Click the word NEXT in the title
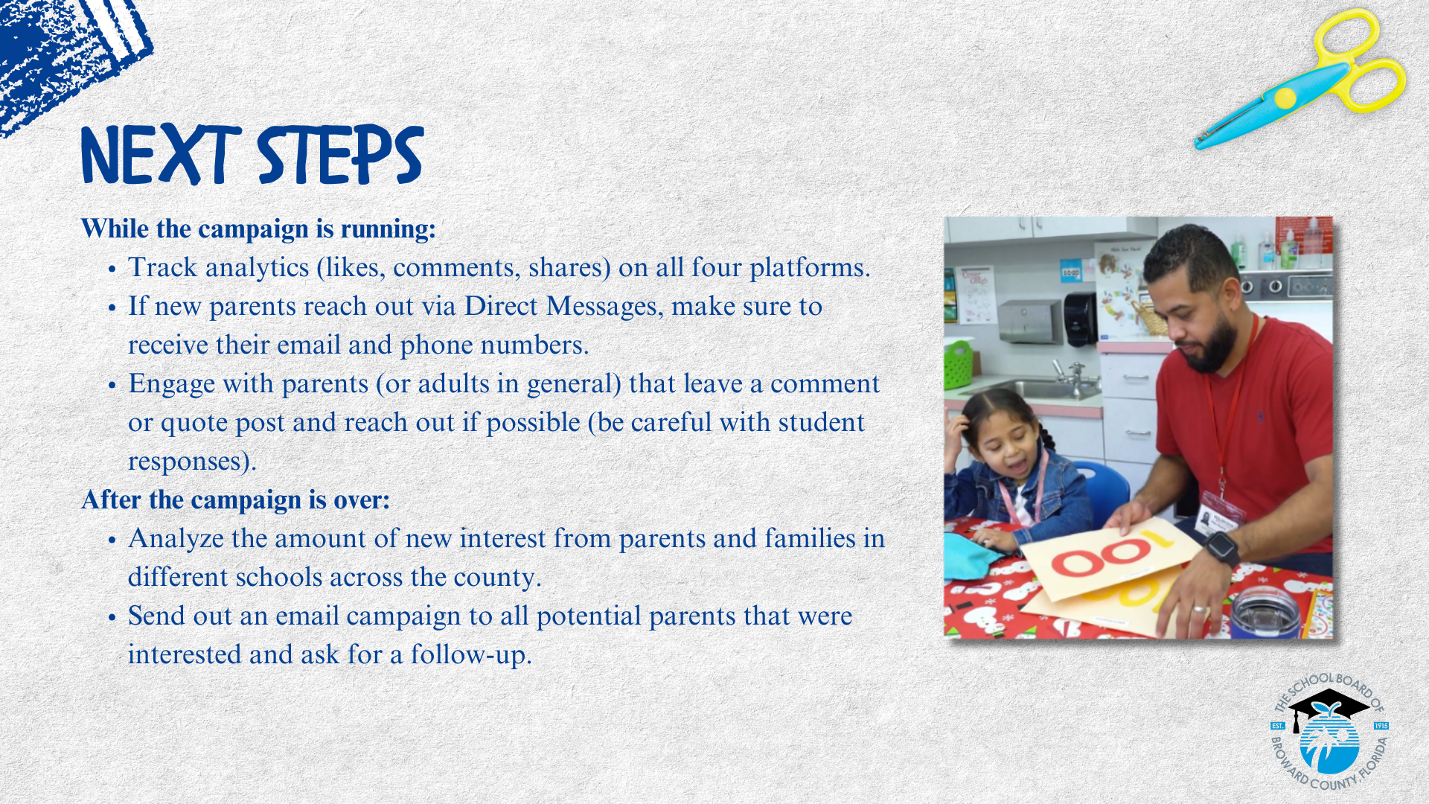[161, 155]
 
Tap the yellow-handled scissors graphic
[1301, 78]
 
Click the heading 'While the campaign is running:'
[258, 229]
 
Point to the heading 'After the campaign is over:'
[235, 500]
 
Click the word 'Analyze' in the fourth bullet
[176, 539]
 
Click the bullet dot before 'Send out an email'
[112, 618]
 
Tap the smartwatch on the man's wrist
[1221, 548]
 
